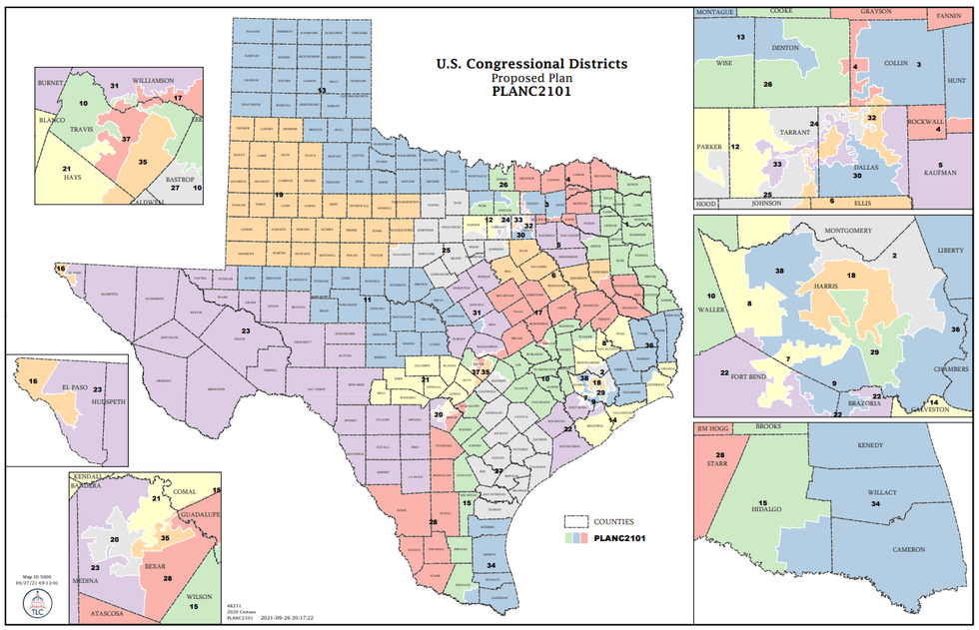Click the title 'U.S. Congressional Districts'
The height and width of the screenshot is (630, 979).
[x=531, y=63]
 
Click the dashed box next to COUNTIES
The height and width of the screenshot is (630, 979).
[x=576, y=521]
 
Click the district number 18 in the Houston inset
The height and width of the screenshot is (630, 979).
[x=851, y=275]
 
